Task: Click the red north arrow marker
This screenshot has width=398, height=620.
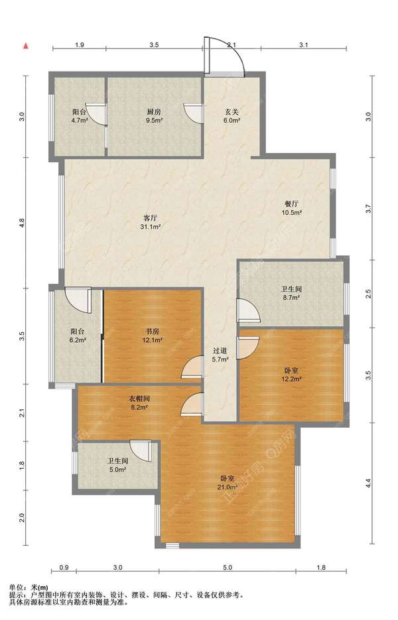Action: [26, 46]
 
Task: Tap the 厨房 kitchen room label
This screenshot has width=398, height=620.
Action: [154, 112]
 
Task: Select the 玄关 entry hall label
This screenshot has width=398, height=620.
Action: [232, 112]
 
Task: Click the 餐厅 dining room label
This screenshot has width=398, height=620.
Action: [292, 204]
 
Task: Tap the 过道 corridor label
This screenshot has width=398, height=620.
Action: [220, 351]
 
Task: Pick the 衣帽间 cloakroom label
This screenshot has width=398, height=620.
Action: [139, 399]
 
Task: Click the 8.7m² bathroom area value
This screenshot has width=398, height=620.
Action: [291, 298]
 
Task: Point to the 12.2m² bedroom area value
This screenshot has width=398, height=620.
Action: [292, 379]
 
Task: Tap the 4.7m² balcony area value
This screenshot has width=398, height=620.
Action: [80, 121]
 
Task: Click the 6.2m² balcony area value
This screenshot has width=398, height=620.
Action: [78, 340]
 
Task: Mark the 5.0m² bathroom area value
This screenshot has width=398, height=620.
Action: [117, 469]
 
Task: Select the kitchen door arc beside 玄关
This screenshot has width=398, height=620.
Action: [194, 113]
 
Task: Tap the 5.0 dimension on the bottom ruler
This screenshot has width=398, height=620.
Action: [227, 568]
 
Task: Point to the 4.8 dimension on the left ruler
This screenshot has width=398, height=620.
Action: [23, 223]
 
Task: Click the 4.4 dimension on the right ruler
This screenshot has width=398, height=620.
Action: [368, 483]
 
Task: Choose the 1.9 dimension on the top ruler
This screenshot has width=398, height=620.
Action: [80, 44]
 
